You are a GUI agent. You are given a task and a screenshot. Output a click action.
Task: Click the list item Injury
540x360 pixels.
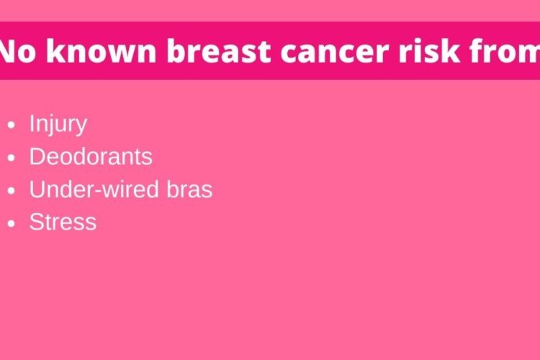pyautogui.click(x=58, y=125)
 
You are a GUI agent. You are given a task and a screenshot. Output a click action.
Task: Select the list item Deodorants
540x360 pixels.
pyautogui.click(x=91, y=157)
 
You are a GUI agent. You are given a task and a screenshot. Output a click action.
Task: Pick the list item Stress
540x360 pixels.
pyautogui.click(x=63, y=222)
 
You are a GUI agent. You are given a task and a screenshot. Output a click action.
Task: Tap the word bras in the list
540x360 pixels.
pyautogui.click(x=189, y=189)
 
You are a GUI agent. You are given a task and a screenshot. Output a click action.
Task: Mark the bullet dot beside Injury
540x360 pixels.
pyautogui.click(x=12, y=125)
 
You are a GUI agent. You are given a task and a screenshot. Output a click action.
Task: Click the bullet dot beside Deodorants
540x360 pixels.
pyautogui.click(x=12, y=158)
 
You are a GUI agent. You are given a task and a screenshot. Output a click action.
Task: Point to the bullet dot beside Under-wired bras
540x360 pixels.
pyautogui.click(x=12, y=191)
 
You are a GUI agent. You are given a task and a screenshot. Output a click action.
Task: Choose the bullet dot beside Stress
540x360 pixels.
pyautogui.click(x=12, y=223)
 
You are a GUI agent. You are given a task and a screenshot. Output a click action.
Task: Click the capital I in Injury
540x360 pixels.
pyautogui.click(x=32, y=123)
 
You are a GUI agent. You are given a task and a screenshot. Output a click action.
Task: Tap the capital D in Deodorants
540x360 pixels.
pyautogui.click(x=38, y=157)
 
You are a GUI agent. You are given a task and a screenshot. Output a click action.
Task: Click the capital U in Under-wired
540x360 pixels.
pyautogui.click(x=37, y=189)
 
